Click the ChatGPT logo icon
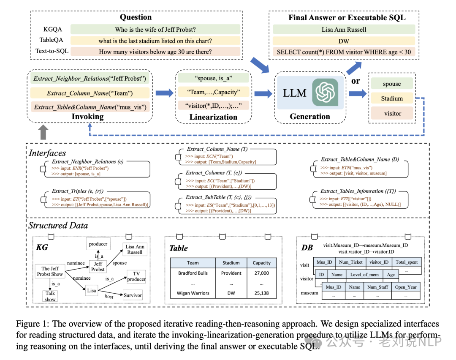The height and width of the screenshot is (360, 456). point(325,92)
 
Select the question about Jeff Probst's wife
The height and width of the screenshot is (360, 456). point(155,30)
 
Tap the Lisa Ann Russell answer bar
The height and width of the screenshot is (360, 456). point(344,30)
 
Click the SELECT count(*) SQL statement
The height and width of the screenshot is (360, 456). point(344,52)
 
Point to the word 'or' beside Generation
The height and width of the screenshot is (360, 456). point(356,80)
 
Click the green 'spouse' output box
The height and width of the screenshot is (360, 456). point(392,84)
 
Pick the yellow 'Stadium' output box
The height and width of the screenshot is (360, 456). point(392,98)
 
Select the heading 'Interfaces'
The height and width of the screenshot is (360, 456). point(47,153)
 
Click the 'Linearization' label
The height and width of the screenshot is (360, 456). point(213,117)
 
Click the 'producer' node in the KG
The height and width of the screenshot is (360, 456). point(98,244)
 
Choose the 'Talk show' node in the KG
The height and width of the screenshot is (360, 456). point(50,296)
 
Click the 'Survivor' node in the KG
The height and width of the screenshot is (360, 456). point(133,295)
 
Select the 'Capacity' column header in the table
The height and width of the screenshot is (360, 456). point(261,262)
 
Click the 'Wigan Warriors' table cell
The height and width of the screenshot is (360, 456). point(193,293)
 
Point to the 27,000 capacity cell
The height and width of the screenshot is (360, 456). point(261,273)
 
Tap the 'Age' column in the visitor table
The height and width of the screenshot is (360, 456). point(391,275)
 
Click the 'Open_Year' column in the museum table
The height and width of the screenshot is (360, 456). point(405,287)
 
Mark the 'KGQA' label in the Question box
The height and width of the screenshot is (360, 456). point(53,30)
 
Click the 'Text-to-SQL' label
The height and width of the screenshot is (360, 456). point(52,52)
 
